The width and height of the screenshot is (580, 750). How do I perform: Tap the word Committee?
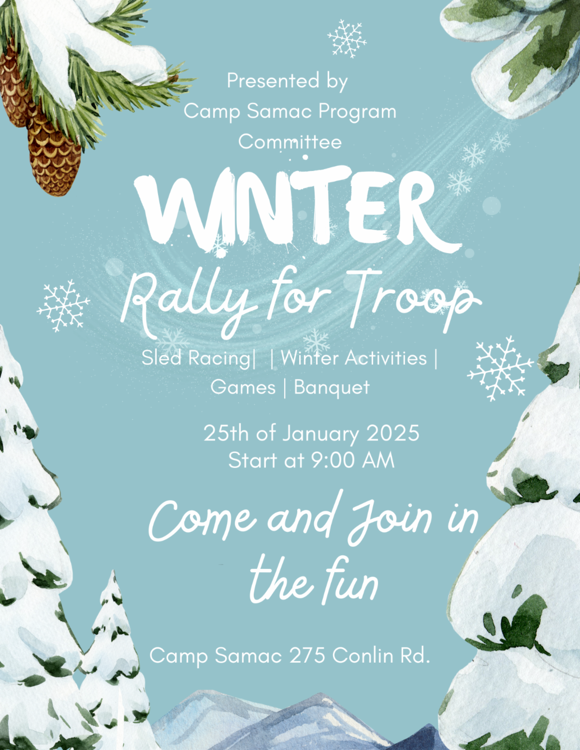pyautogui.click(x=290, y=142)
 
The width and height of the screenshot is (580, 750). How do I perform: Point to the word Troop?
pyautogui.click(x=413, y=297)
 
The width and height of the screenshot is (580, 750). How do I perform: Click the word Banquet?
pyautogui.click(x=332, y=388)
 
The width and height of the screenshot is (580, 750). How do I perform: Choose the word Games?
pyautogui.click(x=243, y=388)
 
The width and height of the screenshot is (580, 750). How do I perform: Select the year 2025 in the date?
pyautogui.click(x=392, y=433)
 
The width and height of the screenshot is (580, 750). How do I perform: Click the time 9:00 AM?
pyautogui.click(x=352, y=460)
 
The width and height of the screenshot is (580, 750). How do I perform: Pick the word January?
pyautogui.click(x=320, y=434)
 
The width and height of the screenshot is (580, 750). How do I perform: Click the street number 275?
pyautogui.click(x=307, y=656)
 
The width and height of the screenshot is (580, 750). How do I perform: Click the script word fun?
pyautogui.click(x=350, y=582)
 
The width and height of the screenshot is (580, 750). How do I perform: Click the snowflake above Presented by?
pyautogui.click(x=347, y=39)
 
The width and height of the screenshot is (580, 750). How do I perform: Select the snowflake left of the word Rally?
pyautogui.click(x=63, y=306)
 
